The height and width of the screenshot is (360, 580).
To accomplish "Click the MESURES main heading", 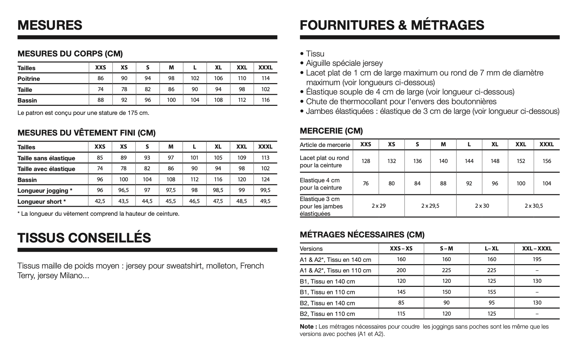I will click(50, 25).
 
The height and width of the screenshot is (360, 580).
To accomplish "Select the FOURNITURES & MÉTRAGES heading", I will click(392, 25).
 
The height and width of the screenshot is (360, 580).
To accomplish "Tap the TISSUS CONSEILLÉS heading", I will click(84, 238).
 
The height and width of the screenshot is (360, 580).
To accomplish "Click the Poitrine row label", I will click(29, 79).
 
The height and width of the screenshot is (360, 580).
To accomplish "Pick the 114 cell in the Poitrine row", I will click(265, 78).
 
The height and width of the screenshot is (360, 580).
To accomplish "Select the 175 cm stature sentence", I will click(83, 113).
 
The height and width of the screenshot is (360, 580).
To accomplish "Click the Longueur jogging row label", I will click(45, 191).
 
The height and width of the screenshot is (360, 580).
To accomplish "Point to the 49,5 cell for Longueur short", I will click(265, 201).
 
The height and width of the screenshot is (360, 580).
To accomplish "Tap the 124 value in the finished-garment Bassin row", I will click(265, 180).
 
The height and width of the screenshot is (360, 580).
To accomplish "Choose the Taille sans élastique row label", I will click(46, 158).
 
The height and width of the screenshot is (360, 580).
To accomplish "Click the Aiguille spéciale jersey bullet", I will click(344, 63).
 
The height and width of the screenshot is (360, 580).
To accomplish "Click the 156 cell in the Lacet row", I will click(547, 161).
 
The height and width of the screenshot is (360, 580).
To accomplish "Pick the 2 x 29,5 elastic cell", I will click(430, 206).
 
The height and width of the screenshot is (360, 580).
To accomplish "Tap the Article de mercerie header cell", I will click(325, 145).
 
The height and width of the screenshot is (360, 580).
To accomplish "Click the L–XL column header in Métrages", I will click(492, 248).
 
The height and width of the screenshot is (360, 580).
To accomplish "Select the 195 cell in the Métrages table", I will click(537, 259).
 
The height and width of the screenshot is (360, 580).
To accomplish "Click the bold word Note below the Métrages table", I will click(306, 327).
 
